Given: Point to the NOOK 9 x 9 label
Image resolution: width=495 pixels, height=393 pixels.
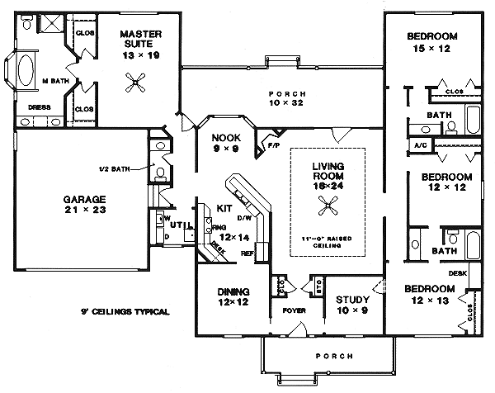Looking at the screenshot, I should pos(224,144).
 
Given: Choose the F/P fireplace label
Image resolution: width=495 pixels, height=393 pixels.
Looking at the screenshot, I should pos(273,146).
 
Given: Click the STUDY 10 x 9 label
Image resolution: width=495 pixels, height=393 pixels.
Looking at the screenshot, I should pos(352,305).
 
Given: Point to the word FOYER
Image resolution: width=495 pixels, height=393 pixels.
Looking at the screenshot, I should pos(294,312).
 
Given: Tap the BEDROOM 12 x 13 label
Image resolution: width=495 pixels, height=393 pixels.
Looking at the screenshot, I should pos(429,294).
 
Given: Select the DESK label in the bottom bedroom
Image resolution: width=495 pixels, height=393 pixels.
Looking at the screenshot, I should pos(459,272).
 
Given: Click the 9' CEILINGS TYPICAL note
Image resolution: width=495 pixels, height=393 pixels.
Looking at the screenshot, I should pos(126,312).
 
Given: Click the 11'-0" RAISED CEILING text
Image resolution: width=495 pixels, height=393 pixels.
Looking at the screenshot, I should pos(328,241).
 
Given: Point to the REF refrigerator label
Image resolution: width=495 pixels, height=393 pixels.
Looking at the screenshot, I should pos(247,253).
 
